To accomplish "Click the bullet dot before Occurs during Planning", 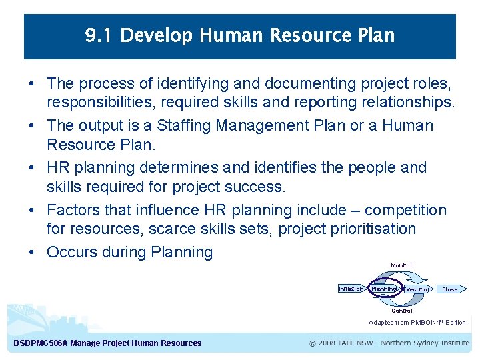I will (31, 252).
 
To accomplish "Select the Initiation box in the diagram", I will (351, 289).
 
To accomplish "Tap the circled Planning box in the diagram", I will (384, 289).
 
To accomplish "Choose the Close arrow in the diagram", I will (451, 289).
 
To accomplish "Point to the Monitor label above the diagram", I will (401, 265).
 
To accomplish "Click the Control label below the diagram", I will (401, 311).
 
